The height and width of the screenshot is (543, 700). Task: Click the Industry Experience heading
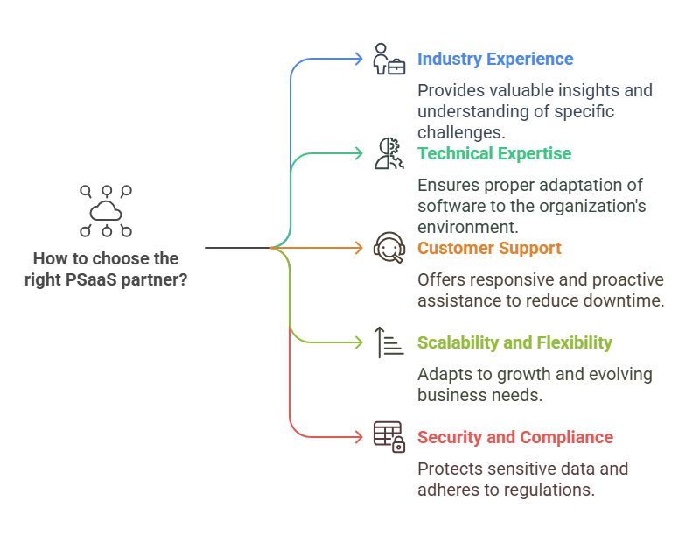coord(495,60)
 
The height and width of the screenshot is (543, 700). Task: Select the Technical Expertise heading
coord(494,154)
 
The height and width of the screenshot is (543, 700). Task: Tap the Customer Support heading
coord(489,249)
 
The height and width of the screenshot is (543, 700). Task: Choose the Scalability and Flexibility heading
coord(514,343)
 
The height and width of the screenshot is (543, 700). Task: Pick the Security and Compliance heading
coord(515,438)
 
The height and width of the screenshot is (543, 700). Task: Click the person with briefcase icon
coord(388,60)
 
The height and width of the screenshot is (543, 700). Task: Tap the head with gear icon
coord(388,154)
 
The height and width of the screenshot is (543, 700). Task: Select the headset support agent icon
coord(388,249)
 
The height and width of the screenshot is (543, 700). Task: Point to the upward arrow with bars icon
coord(388,342)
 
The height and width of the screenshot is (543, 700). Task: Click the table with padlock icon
coord(388,436)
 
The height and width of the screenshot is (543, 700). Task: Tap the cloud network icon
coord(105,211)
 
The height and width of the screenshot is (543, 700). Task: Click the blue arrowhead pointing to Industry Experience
coord(358,60)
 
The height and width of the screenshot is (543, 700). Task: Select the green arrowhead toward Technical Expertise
coord(358,154)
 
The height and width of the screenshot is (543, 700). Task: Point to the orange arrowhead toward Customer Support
coord(358,249)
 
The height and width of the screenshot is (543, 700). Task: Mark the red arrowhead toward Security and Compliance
coord(358,437)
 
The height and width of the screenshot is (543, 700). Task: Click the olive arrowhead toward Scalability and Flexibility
coord(358,342)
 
